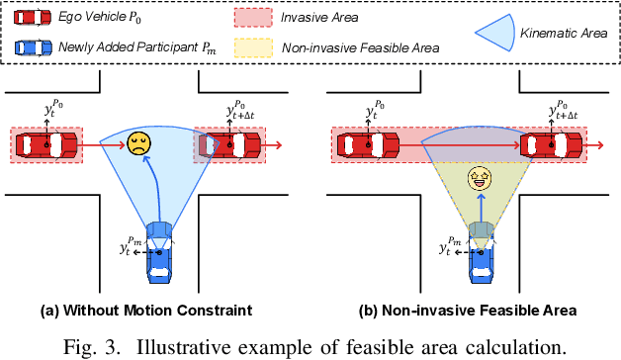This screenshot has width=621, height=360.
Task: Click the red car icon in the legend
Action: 33,19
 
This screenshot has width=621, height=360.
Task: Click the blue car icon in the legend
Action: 33,46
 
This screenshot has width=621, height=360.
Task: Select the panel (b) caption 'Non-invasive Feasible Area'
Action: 481,311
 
